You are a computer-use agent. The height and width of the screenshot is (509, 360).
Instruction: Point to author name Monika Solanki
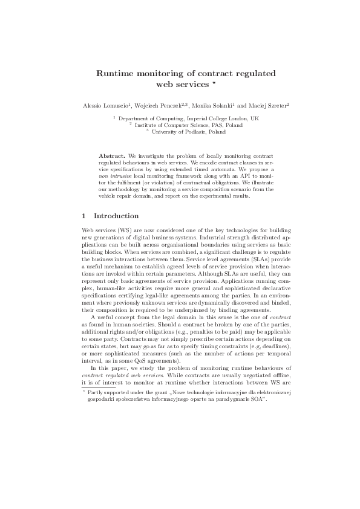point(219,106)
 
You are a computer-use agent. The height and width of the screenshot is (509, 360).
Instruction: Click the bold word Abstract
point(111,157)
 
